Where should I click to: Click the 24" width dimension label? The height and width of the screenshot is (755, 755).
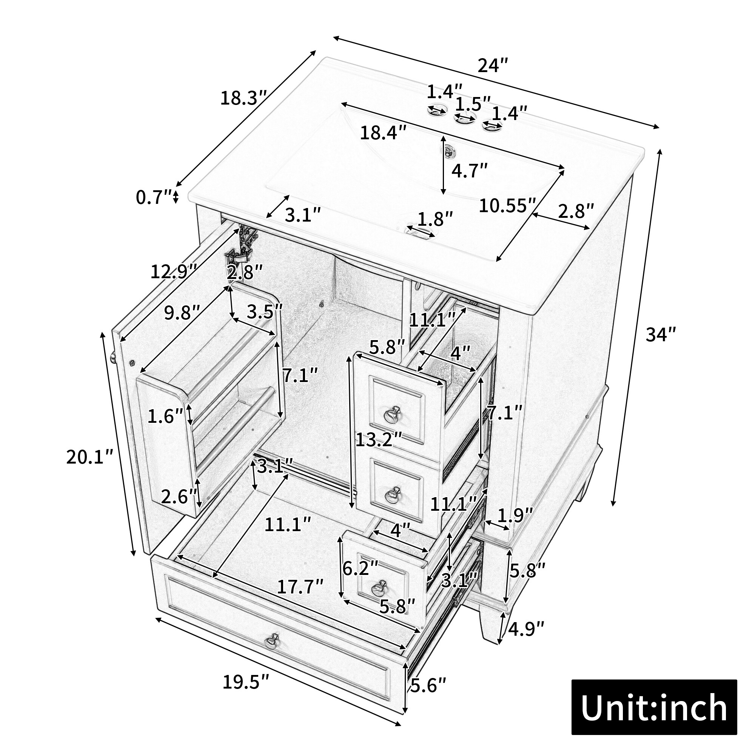(x=493, y=66)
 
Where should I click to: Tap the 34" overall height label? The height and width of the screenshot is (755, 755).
(x=660, y=334)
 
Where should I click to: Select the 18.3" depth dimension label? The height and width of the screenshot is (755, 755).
(x=243, y=98)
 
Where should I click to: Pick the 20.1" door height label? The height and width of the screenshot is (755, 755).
(x=89, y=457)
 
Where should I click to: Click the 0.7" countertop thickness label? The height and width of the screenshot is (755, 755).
(x=154, y=197)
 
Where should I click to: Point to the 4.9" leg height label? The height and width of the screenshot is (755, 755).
(x=526, y=629)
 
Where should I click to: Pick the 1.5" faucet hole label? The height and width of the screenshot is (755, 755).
(x=473, y=104)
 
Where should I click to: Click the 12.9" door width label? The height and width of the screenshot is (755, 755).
(x=174, y=271)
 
